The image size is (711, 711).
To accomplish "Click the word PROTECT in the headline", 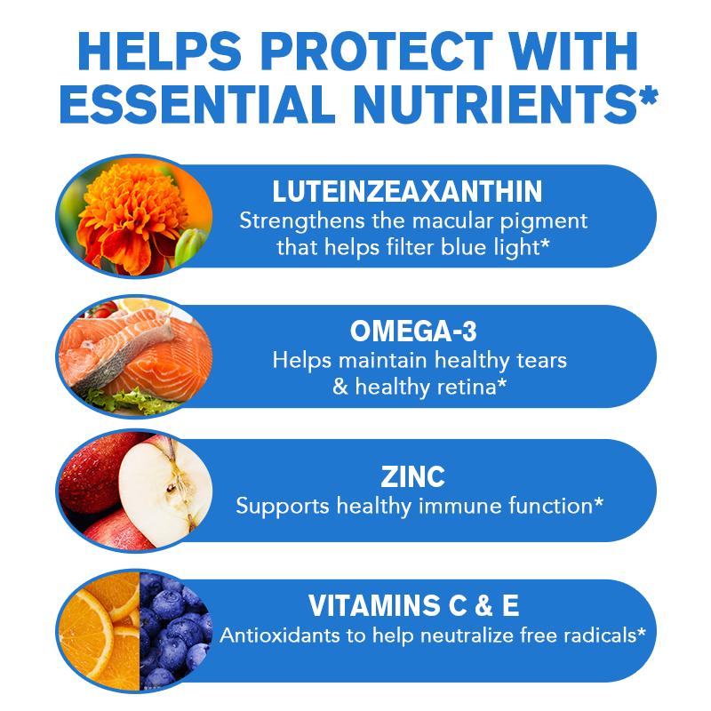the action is tap(376, 51).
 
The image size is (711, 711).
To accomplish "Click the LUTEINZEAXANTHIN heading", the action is tap(407, 191).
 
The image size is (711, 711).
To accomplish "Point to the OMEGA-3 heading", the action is tap(413, 331).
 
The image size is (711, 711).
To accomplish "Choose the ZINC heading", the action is tap(412, 476).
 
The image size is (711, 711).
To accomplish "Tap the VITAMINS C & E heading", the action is tap(413, 605).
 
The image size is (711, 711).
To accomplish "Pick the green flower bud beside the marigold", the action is tap(189, 247).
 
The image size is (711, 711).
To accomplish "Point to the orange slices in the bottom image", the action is tap(99, 631).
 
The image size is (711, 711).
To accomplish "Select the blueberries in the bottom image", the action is tap(174, 630).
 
